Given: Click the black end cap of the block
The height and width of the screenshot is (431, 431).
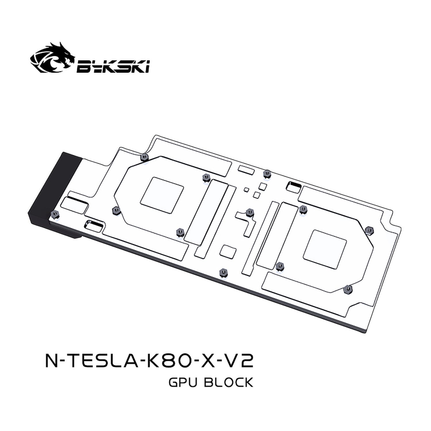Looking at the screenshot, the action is point(48,191).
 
